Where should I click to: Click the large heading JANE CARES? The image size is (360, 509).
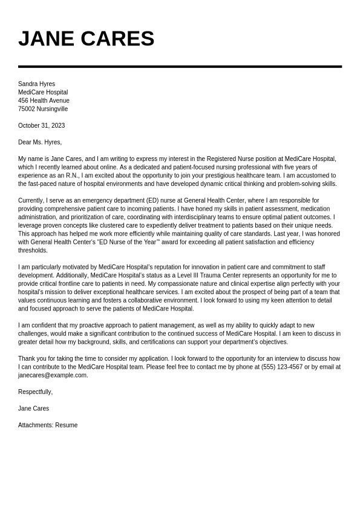click(x=86, y=39)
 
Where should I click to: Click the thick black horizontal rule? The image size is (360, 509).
click(x=180, y=67)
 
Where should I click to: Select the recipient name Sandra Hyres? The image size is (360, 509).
click(x=36, y=84)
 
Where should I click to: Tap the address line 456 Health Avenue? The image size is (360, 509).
click(x=44, y=100)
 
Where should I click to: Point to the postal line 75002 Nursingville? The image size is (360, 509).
click(x=43, y=109)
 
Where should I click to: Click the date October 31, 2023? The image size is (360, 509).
click(x=41, y=126)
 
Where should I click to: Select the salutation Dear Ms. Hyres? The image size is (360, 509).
click(x=40, y=142)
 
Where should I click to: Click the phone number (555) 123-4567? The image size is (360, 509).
click(x=282, y=367)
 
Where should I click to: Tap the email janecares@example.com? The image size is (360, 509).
click(x=53, y=375)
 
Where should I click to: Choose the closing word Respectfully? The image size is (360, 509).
click(x=35, y=392)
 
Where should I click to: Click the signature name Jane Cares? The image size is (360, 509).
click(x=33, y=409)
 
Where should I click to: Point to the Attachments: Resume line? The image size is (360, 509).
click(x=48, y=425)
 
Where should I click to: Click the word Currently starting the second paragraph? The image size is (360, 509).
click(x=31, y=200)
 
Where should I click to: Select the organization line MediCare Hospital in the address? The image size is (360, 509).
click(x=43, y=93)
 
